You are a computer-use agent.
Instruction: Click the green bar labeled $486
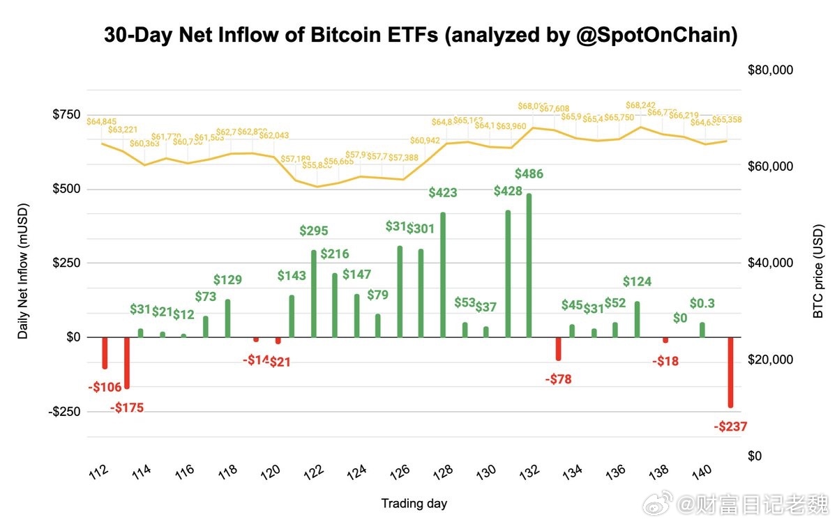click(x=529, y=265)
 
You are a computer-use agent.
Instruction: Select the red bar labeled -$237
click(x=730, y=372)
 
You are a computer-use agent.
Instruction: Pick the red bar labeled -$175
click(x=127, y=363)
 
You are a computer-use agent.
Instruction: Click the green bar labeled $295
click(x=314, y=293)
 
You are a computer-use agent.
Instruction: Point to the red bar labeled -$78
click(x=558, y=348)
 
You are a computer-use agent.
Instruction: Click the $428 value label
click(x=508, y=191)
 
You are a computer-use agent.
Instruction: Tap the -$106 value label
click(x=105, y=387)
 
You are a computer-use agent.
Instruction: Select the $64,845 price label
click(x=102, y=122)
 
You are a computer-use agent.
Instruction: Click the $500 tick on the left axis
click(x=66, y=189)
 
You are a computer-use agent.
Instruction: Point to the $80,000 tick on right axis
click(x=771, y=70)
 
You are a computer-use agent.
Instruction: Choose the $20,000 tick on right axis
click(x=771, y=360)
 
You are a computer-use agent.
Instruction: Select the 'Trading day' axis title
click(x=414, y=503)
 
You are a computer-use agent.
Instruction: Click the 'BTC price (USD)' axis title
click(x=819, y=263)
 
